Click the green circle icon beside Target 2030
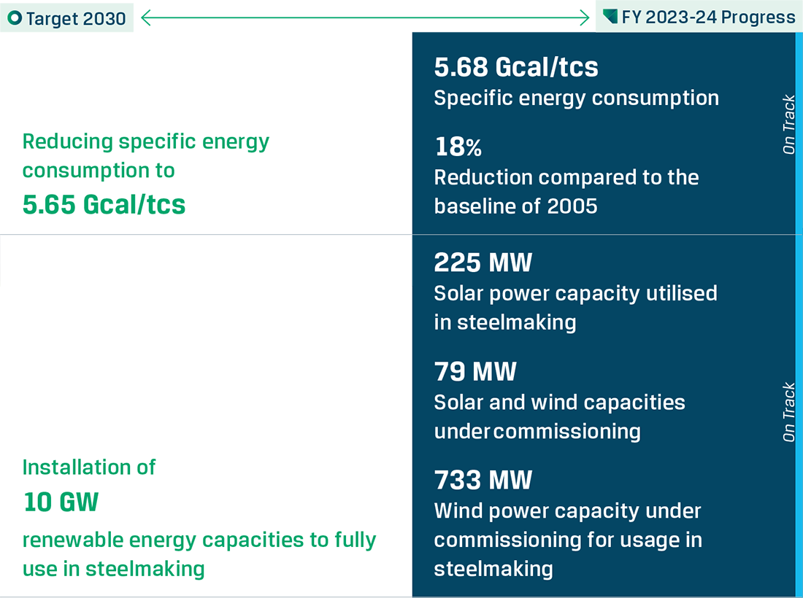pos(15,18)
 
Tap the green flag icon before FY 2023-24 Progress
pos(610,16)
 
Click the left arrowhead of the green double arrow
pos(146,18)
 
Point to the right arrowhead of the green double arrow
pos(584,18)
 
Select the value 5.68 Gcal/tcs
pos(515,67)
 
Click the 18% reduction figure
pos(458,147)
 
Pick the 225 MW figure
pos(483,263)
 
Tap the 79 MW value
pos(475,371)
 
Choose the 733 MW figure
pos(483,480)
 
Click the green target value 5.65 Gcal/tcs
pos(104,205)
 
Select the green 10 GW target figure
pos(61,502)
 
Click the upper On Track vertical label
pos(788,124)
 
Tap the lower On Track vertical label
pos(788,412)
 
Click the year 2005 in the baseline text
pos(572,206)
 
